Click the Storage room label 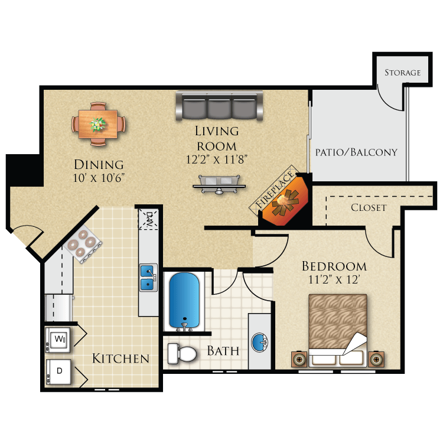[x=402, y=73]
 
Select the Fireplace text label [x=275, y=189]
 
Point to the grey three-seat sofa [x=219, y=106]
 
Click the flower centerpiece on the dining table [x=98, y=124]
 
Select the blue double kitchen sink [x=148, y=278]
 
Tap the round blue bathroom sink [x=260, y=341]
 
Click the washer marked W [x=59, y=340]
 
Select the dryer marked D [x=59, y=372]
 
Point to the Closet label [x=369, y=207]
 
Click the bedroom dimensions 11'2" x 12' [x=334, y=281]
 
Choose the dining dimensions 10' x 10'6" [x=99, y=177]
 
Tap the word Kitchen [x=120, y=359]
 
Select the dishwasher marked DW [x=148, y=220]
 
